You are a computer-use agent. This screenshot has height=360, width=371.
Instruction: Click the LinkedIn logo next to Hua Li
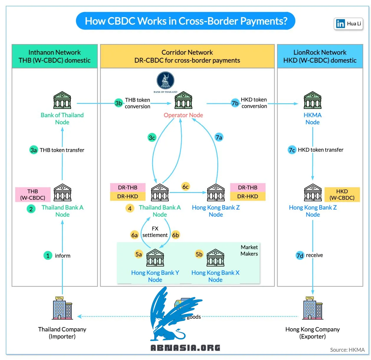click(340, 24)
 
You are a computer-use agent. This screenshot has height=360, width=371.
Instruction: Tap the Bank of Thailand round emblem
click(165, 80)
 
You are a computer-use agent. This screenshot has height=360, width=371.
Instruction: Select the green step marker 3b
click(118, 103)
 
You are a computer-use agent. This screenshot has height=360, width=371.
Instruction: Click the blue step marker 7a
click(219, 138)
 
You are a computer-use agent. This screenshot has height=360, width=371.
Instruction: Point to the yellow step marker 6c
click(185, 186)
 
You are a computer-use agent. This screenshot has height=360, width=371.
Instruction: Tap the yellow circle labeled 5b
click(199, 254)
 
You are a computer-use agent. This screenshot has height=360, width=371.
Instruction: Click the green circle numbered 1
click(48, 256)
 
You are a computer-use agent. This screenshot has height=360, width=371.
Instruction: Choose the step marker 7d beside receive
click(300, 255)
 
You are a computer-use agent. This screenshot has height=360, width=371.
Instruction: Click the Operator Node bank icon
click(183, 100)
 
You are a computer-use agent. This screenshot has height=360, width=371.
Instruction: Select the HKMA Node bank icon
click(313, 100)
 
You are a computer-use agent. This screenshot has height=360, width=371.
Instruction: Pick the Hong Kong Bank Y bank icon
click(155, 258)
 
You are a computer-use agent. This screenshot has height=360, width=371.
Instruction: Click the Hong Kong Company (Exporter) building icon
click(313, 308)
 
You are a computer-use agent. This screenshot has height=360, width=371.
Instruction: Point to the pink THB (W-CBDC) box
click(33, 194)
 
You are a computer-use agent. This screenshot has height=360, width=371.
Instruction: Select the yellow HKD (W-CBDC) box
click(342, 194)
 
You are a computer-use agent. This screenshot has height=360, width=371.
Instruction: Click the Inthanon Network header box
click(55, 56)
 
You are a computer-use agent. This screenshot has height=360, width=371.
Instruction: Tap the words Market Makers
click(249, 250)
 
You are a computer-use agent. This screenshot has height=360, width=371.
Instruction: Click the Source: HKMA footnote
click(347, 350)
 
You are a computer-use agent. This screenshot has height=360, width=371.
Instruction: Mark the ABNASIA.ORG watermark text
click(185, 348)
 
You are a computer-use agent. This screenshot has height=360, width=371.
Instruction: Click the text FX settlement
click(155, 232)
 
